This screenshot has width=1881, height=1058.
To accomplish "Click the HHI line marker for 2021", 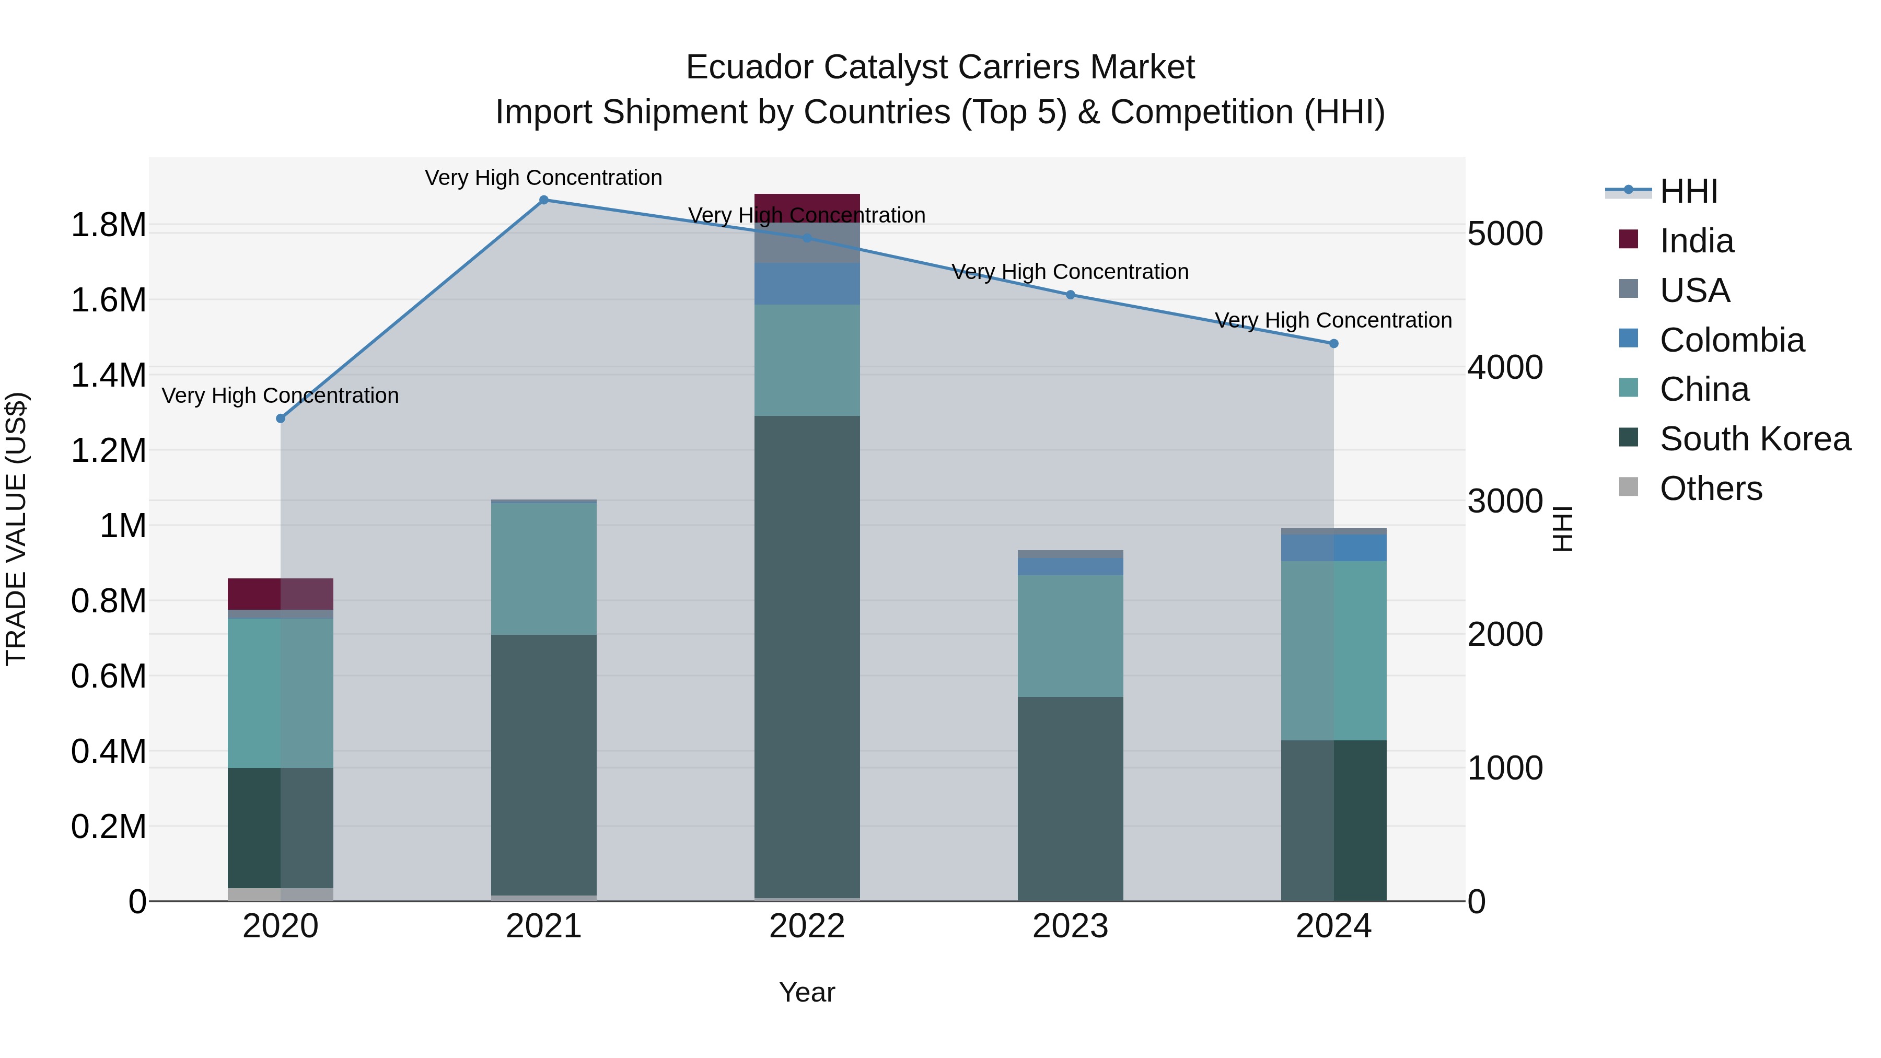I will (x=543, y=200).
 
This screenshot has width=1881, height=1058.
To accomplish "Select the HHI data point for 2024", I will (x=1333, y=343).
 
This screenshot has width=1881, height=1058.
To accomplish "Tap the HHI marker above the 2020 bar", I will (x=281, y=418).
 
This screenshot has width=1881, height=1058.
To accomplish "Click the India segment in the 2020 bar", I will (x=281, y=594).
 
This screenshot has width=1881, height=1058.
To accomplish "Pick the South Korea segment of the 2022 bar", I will (x=807, y=657).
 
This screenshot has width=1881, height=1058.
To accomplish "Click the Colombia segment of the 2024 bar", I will (x=1333, y=548).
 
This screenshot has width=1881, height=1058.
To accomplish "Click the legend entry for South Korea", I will (x=1755, y=439).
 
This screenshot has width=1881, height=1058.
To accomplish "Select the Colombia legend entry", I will (x=1732, y=340).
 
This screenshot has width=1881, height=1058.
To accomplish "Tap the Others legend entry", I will (x=1710, y=489).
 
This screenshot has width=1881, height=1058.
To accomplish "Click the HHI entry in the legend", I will (x=1688, y=191).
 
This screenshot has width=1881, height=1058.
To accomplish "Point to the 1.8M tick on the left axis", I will (x=108, y=225).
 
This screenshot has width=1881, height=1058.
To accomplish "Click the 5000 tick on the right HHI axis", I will (x=1505, y=234).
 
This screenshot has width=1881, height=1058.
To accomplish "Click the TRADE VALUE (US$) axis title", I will (x=16, y=529).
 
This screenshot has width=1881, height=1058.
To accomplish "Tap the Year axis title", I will (x=807, y=992).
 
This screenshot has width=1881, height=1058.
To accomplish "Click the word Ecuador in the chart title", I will (x=749, y=67).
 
